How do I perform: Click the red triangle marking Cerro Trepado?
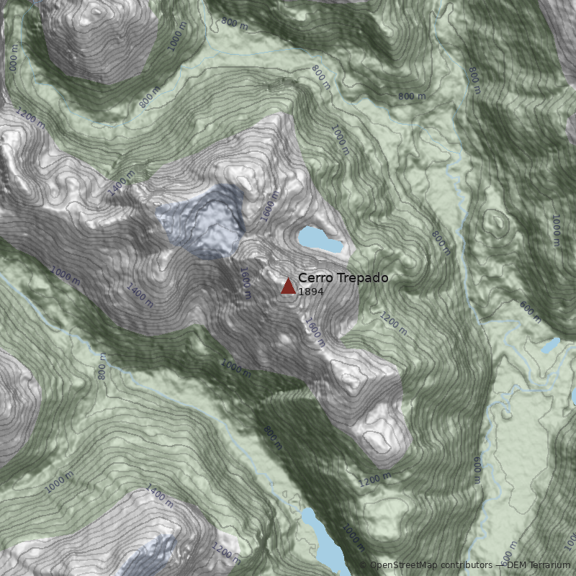tap(288, 287)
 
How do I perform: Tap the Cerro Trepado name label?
tap(343, 278)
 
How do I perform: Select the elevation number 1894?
tap(311, 292)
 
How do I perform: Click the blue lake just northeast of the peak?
tap(320, 240)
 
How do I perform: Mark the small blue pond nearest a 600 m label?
tap(550, 346)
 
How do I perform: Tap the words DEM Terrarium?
tap(539, 566)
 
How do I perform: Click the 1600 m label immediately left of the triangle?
tap(245, 283)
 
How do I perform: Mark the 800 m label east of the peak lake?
tap(440, 243)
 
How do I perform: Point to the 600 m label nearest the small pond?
tap(530, 311)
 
